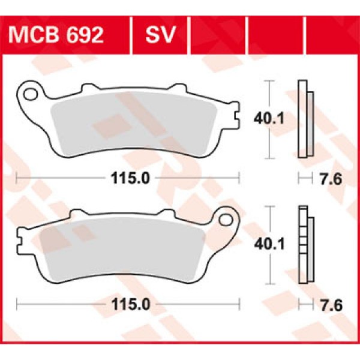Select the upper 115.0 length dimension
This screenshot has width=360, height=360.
coord(129,178)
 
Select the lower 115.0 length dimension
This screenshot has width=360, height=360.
coord(129,305)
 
